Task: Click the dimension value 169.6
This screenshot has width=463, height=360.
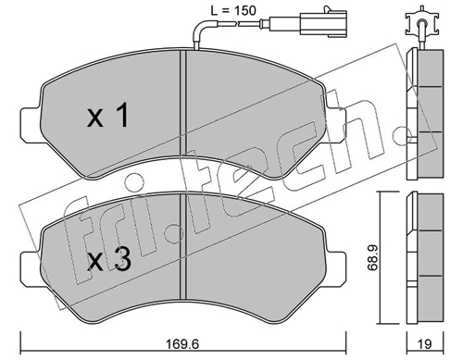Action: tap(182, 343)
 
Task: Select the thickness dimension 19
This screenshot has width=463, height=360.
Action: tap(424, 343)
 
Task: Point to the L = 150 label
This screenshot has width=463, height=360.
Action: tap(233, 11)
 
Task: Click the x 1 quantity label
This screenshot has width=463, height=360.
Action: tap(107, 116)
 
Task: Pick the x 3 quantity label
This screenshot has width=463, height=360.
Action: tap(109, 260)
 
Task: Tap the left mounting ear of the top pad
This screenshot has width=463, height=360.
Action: tap(31, 124)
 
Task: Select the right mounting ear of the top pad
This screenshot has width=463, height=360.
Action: tap(336, 124)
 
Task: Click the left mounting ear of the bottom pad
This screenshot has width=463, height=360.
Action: tap(31, 267)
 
